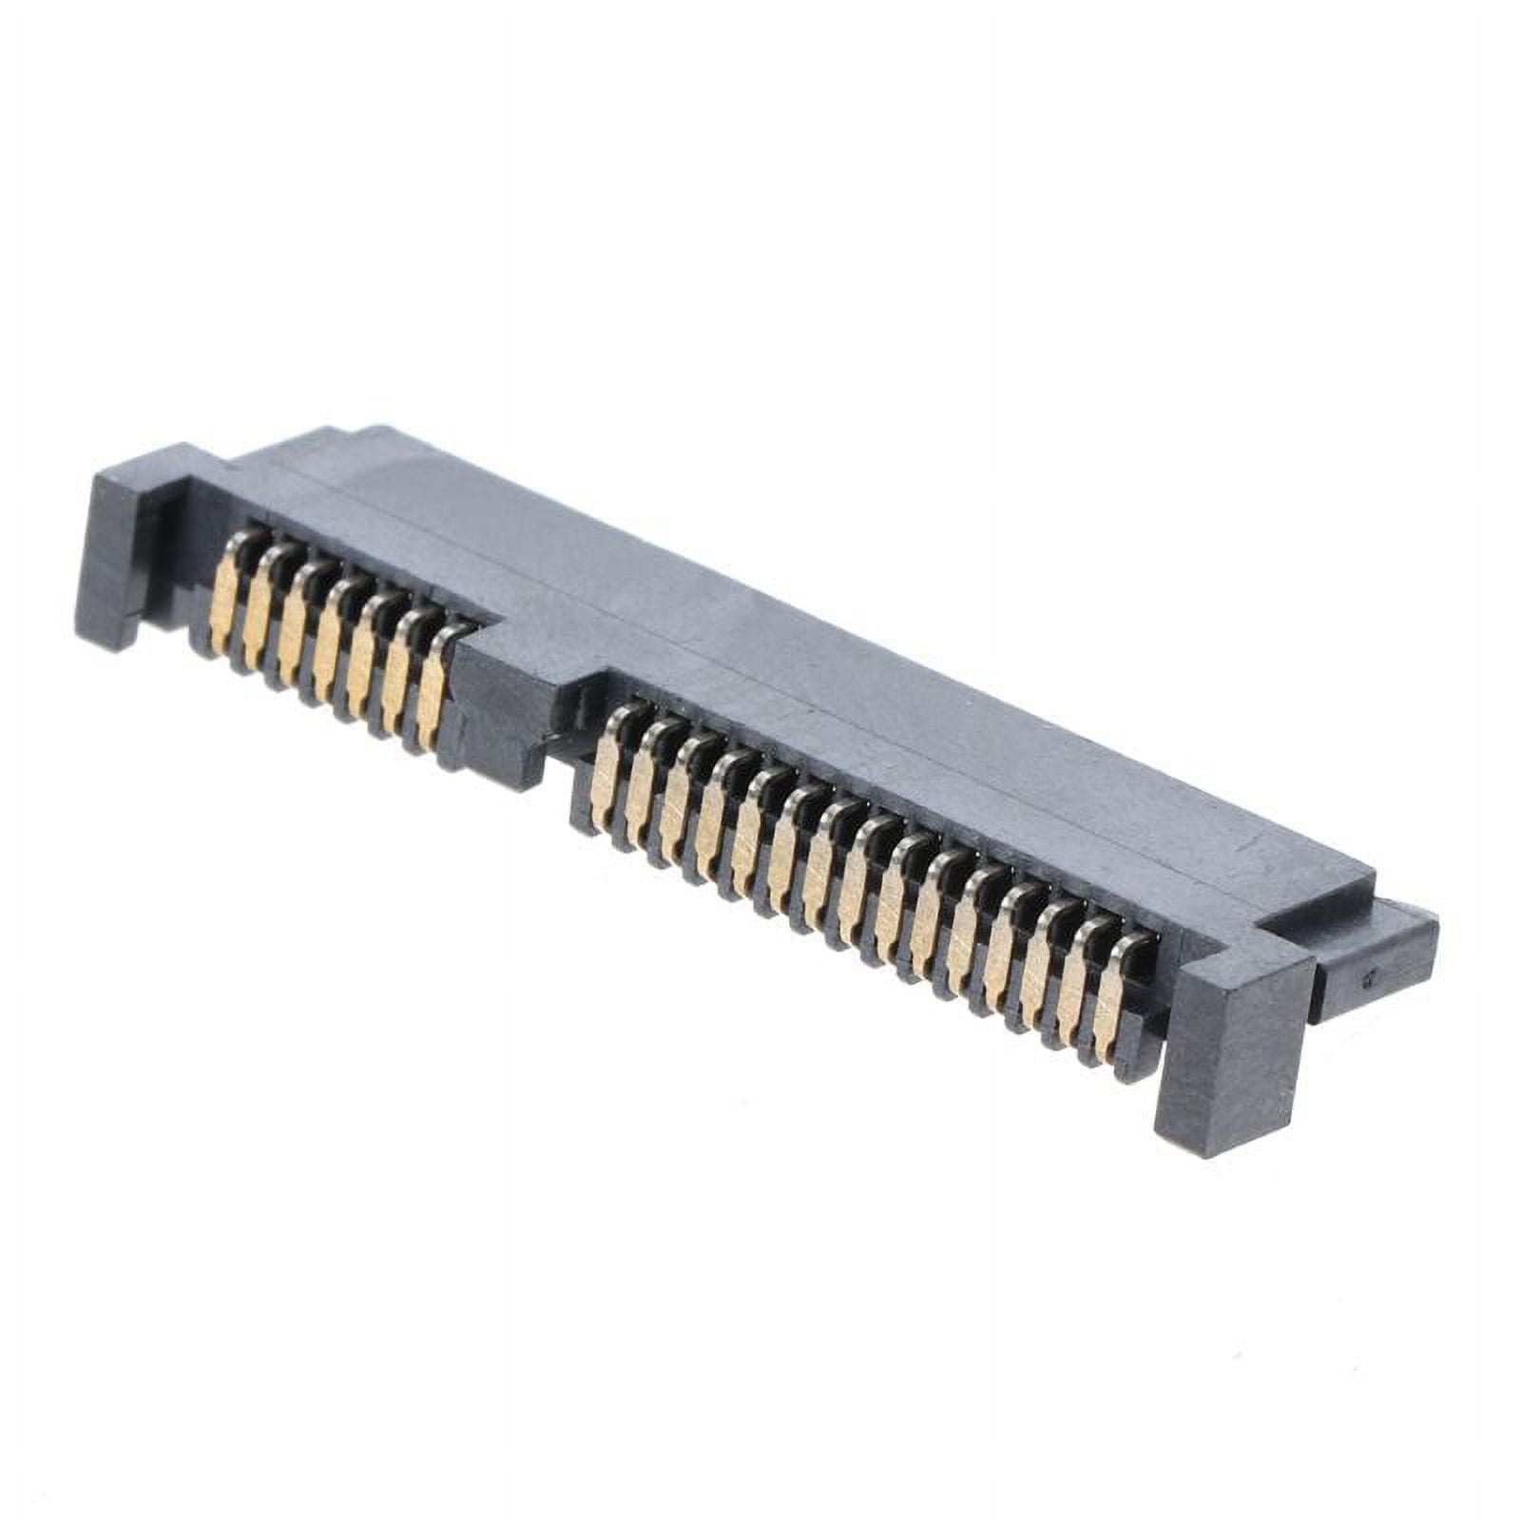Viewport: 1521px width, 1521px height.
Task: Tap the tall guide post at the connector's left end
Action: (119, 561)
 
